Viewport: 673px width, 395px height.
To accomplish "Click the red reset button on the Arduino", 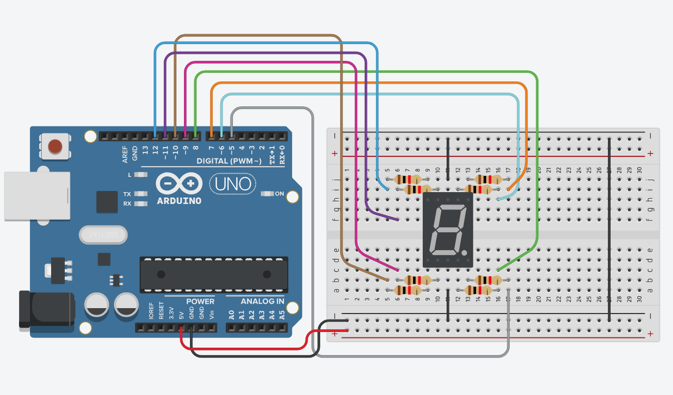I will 55,146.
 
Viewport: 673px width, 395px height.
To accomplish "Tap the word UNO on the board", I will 233,183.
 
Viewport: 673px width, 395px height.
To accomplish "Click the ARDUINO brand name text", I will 179,200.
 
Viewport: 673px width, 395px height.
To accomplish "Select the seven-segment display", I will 448,230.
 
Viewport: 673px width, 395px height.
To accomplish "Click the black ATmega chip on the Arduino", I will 214,275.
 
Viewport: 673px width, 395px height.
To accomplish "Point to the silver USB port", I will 36,196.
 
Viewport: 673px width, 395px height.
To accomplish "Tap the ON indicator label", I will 279,194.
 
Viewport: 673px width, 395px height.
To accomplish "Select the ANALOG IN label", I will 262,301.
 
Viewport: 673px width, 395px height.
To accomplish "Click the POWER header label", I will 200,301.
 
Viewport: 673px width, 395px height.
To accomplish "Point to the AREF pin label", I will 125,154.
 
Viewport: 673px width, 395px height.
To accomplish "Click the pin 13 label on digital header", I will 145,150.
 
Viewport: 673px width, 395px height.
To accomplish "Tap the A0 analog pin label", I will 232,315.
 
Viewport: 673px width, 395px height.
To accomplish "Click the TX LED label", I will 127,194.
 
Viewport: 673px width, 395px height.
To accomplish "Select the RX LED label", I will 127,203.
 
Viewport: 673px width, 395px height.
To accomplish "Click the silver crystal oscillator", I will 104,233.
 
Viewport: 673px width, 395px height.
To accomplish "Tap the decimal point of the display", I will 465,253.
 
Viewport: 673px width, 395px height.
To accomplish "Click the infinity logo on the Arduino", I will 179,183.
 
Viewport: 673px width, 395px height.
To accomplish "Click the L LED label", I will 130,175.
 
